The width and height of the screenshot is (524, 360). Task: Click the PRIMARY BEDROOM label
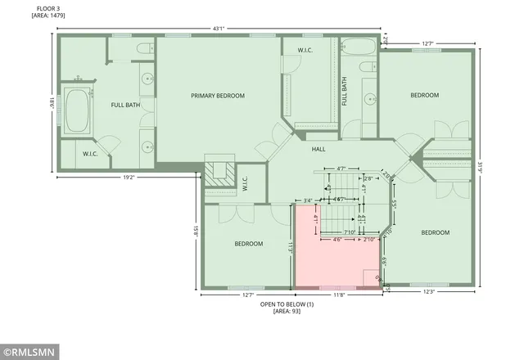(218, 96)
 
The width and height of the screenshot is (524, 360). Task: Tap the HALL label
(319, 150)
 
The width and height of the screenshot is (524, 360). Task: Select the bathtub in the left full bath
(80, 111)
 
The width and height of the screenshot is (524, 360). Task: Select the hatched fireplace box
(219, 173)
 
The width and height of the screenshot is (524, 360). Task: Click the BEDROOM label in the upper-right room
(424, 96)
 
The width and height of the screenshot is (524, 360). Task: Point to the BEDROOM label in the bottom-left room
(248, 244)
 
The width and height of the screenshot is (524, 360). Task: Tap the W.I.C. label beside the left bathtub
(91, 153)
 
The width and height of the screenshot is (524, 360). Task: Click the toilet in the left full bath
(144, 51)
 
